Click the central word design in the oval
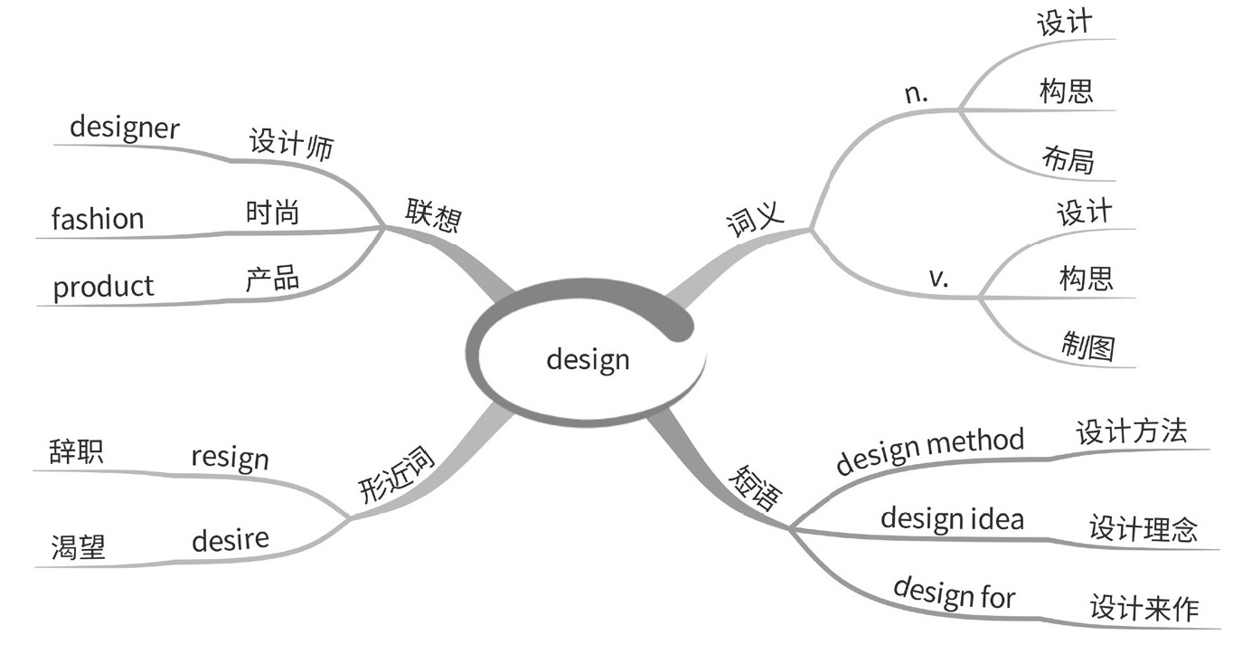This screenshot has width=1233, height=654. click(x=588, y=361)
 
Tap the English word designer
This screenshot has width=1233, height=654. click(x=124, y=128)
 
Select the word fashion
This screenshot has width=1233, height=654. click(x=98, y=219)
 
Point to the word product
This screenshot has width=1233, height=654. click(x=103, y=288)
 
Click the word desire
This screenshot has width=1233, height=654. click(x=230, y=541)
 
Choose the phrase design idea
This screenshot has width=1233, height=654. click(x=952, y=518)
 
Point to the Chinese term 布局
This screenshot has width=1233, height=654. click(x=1068, y=159)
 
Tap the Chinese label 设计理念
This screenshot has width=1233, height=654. click(x=1143, y=527)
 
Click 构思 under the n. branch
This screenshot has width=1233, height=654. click(x=1066, y=90)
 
